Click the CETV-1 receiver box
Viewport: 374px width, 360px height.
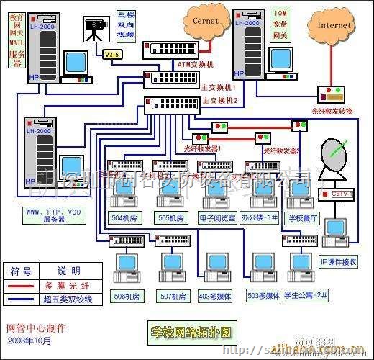pyautogui.click(x=338, y=193)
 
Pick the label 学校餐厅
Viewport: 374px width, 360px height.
pyautogui.click(x=304, y=217)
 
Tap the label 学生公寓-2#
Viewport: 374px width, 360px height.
pyautogui.click(x=307, y=295)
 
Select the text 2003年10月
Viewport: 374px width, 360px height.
pyautogui.click(x=28, y=339)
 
